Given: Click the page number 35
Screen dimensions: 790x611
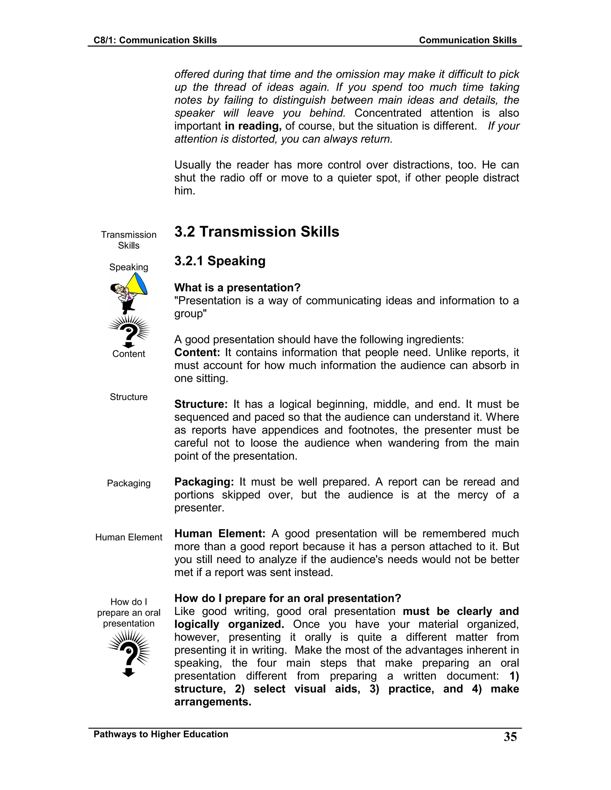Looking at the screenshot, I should (x=510, y=737).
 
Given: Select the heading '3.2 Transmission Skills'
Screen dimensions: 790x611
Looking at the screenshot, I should (x=257, y=232).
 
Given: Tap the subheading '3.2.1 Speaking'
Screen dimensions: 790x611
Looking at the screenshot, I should (x=220, y=261).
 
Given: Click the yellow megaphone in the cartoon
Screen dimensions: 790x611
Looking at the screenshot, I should (x=138, y=285).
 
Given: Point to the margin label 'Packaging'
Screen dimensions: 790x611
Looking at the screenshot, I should (x=129, y=483).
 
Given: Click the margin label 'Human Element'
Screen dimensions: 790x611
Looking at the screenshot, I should (x=129, y=537).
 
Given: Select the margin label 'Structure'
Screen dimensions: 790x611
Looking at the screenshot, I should (x=129, y=397).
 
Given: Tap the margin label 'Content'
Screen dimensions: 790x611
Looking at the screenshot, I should (x=129, y=354).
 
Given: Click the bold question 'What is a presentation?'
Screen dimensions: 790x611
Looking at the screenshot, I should (x=237, y=288).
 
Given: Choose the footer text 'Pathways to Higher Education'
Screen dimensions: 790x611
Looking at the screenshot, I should (x=161, y=734).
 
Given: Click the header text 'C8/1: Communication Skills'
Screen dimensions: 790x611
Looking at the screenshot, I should (x=155, y=40).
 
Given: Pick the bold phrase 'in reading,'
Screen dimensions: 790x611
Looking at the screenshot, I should (x=253, y=126).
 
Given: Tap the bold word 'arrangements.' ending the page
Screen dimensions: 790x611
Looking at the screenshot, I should (x=213, y=702).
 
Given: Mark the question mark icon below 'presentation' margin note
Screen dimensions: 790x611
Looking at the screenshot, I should (x=129, y=653).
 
